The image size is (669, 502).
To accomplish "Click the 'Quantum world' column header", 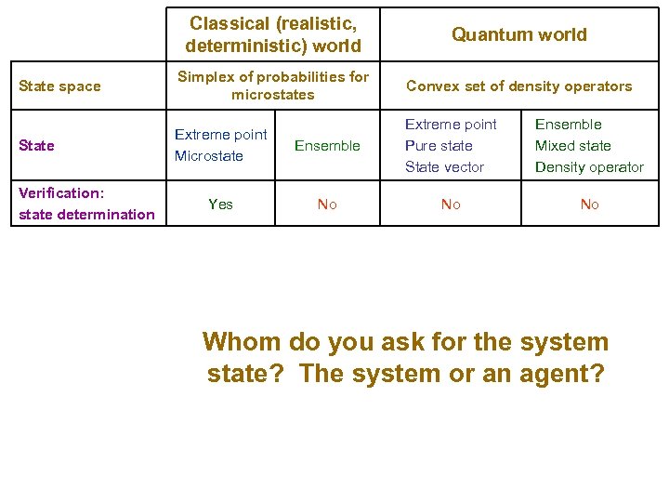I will coord(518,34).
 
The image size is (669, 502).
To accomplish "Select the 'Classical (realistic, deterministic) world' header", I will coord(272,33).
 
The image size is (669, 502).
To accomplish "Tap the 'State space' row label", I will coord(59,86).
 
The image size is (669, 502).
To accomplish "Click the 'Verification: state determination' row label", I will coord(86,204).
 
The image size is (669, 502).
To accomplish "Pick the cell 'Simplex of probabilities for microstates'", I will coord(272,86).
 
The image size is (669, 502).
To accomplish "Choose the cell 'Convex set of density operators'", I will coord(518,86).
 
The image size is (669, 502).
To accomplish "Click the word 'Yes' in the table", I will coord(221,204).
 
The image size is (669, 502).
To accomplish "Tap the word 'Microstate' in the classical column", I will coord(208,156).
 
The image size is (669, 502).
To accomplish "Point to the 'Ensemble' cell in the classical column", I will coord(327,145).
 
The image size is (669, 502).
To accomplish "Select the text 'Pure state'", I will coord(439,146).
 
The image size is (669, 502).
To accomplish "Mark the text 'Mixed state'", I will coord(572,146).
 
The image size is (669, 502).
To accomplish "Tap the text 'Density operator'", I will coord(589,167).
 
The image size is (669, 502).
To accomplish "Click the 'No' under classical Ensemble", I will coord(327,205).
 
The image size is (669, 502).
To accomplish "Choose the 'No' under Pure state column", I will coord(451,205).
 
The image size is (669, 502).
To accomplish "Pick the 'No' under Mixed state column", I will coord(589,205).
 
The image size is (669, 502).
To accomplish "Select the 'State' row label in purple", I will coord(36,145).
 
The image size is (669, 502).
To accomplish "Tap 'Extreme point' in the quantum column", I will coord(451,125).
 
